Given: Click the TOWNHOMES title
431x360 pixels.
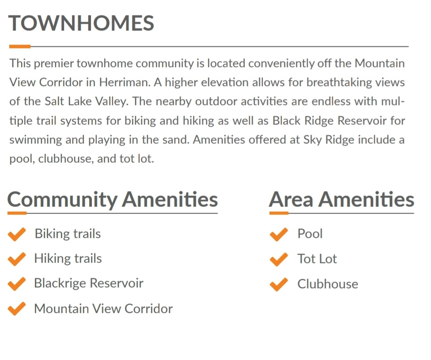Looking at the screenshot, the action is tap(81, 23).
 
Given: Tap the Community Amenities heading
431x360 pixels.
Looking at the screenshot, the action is tap(113, 199).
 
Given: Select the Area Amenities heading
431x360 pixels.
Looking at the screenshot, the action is tap(341, 199).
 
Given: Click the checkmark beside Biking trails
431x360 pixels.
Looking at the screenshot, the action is tap(17, 234).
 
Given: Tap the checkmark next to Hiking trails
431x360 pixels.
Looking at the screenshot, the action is tap(17, 259).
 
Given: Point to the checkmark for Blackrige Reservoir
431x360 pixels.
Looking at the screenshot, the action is tap(17, 284).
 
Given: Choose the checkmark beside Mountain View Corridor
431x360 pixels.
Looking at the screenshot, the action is tap(17, 309).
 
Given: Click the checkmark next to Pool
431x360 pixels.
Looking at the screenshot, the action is tap(279, 234).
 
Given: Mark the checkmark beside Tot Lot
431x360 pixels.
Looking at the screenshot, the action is tap(279, 259).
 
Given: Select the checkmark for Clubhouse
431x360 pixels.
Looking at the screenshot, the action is tap(279, 285).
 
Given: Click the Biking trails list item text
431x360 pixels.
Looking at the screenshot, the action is tap(68, 234).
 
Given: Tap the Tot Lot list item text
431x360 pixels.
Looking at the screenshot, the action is tap(317, 259).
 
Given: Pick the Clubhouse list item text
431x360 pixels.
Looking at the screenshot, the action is tap(328, 284).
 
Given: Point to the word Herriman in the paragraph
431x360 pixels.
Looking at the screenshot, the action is tap(125, 82).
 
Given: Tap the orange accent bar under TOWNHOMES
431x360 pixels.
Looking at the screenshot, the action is tap(20, 46).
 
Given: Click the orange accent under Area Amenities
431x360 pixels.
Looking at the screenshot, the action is tap(279, 213).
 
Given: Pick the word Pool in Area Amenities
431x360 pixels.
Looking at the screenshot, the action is tap(310, 234).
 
